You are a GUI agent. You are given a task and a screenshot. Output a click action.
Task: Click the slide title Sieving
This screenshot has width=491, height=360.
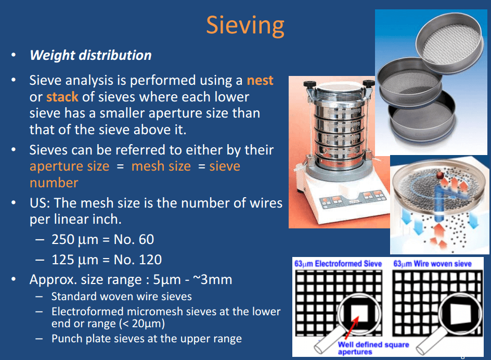point(245,26)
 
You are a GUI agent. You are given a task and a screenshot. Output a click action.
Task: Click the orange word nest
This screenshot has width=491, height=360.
point(260,81)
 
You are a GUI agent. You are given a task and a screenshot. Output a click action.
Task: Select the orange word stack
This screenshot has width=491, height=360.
point(62,97)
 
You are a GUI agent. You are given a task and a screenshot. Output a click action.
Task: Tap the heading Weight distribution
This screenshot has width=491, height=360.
point(91,55)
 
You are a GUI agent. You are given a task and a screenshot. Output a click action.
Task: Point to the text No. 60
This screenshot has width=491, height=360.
point(134,239)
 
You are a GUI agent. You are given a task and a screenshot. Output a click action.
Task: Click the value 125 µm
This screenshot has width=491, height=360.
point(75,260)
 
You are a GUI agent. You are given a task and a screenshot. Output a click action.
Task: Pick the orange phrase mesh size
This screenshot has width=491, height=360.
point(161,166)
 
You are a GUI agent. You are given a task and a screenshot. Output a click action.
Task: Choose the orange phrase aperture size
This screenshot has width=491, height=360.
point(70,166)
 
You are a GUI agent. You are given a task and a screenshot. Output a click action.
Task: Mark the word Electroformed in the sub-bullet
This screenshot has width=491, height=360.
point(87,312)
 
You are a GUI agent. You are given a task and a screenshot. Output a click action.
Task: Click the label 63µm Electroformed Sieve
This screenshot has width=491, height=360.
point(338,264)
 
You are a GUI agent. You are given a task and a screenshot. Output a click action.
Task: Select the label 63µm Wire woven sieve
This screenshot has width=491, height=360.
point(432,264)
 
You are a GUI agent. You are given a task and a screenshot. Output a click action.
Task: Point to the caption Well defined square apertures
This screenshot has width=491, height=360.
point(373,348)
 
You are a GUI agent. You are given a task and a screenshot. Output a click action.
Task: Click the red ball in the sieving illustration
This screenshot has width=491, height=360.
point(441,175)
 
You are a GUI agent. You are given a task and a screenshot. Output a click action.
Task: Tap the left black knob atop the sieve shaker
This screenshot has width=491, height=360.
point(308,84)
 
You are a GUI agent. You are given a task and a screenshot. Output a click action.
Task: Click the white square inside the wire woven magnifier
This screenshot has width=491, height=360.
point(460,314)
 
